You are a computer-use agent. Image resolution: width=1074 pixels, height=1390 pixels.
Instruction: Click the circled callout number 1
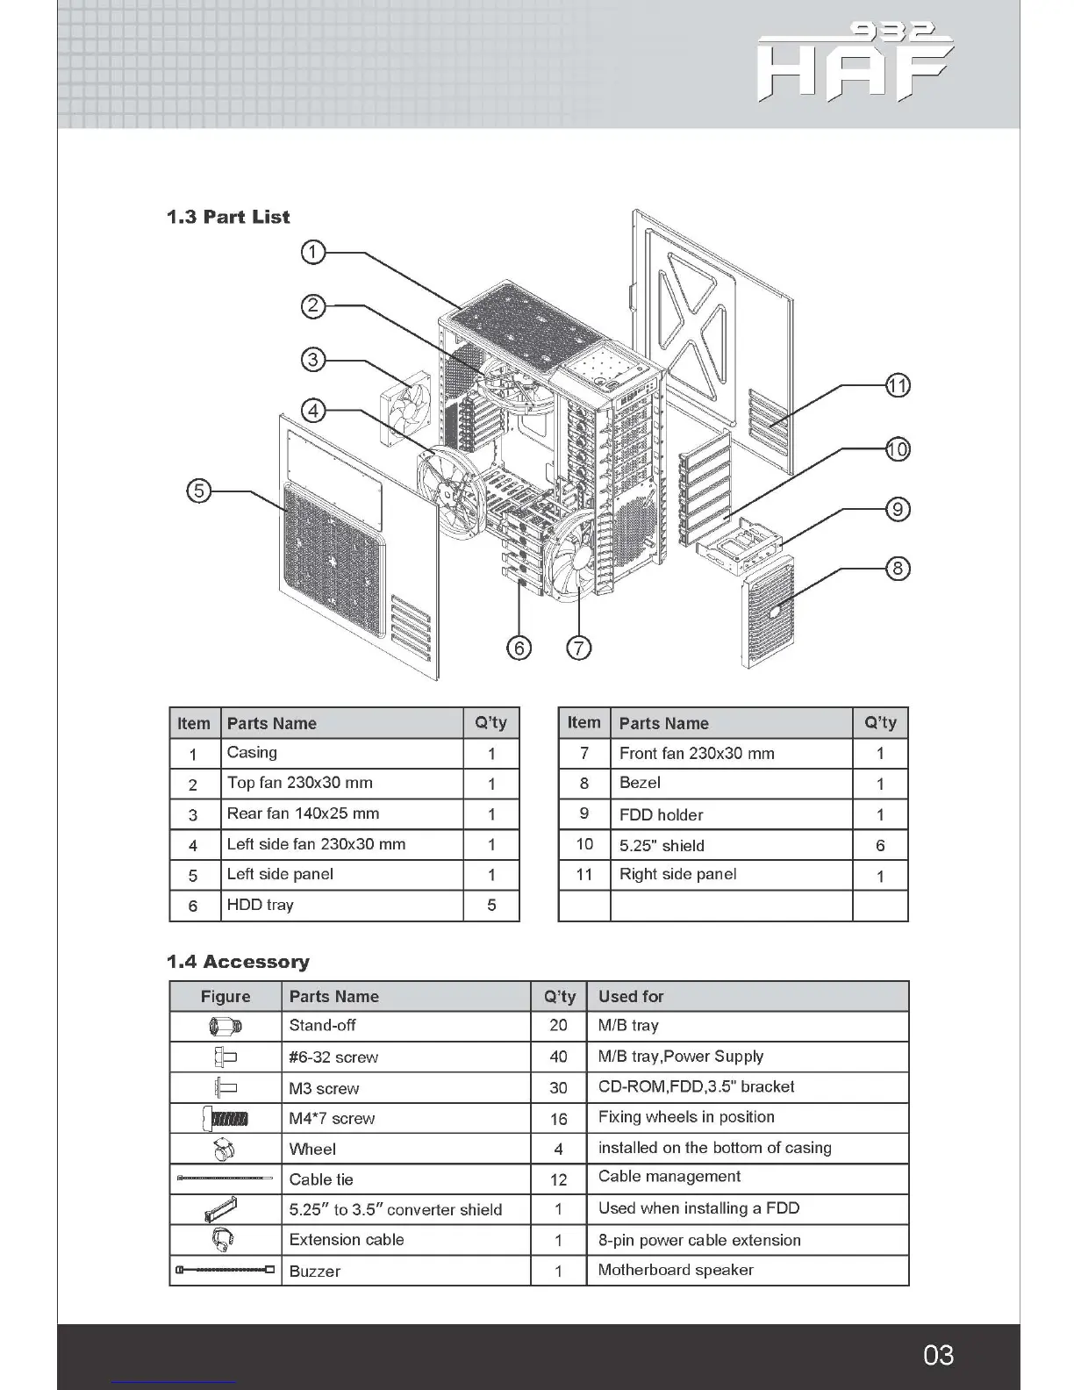312,253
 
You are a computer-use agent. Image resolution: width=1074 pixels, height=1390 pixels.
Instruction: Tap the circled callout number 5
199,491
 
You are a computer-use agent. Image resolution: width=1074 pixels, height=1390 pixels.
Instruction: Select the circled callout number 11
897,385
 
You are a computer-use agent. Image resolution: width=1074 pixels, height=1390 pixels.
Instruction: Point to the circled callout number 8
897,569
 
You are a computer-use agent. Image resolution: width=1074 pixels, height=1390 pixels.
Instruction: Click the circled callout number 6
519,648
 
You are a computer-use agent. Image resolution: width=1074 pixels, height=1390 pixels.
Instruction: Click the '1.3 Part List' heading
228,217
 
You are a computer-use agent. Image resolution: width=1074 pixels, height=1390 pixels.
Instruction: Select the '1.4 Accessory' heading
238,962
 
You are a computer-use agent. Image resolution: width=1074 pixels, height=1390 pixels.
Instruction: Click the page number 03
938,1355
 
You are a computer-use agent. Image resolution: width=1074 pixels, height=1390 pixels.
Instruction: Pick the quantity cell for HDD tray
491,906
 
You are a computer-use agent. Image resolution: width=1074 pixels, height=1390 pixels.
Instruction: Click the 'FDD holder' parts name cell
661,814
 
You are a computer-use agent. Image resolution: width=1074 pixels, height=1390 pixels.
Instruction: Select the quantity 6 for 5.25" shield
880,845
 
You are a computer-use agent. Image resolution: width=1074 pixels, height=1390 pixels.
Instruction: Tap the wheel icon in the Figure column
225,1149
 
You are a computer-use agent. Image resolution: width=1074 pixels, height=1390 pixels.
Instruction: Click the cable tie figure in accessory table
225,1179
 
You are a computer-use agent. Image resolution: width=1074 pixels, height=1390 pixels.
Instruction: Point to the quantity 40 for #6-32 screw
558,1057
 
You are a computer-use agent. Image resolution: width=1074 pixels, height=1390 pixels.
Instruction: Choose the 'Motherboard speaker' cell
676,1270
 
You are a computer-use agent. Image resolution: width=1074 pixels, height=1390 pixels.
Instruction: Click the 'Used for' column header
631,996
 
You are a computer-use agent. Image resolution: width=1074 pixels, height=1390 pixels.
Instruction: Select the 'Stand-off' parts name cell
322,1025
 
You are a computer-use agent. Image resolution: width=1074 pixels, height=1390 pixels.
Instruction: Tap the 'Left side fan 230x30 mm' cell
316,844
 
